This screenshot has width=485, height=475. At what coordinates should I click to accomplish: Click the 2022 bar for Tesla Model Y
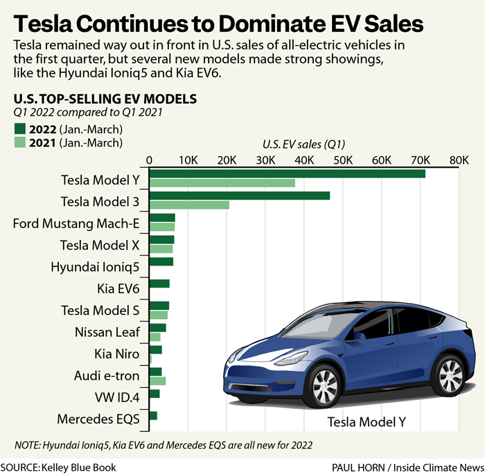288,173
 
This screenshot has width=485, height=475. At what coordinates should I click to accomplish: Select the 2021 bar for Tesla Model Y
222,183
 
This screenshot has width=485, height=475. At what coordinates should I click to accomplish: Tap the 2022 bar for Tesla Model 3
240,196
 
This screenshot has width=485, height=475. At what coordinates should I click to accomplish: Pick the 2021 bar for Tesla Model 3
189,205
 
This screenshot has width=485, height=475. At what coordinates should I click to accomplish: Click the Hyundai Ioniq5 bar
161,261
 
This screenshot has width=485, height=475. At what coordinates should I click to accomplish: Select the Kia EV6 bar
159,284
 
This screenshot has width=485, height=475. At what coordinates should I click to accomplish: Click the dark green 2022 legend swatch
19,130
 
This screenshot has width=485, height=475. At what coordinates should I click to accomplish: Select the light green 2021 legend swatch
19,143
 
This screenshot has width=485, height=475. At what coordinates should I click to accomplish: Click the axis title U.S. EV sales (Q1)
303,145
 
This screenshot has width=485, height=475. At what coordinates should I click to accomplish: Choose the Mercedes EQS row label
98,419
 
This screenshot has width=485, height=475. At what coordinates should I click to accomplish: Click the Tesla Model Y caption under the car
366,422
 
